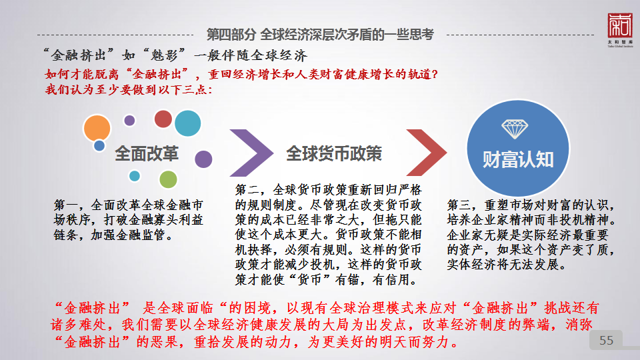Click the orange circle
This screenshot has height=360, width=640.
pyautogui.click(x=97, y=128)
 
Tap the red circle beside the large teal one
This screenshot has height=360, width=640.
pyautogui.click(x=163, y=119)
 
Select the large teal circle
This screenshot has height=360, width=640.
pyautogui.click(x=188, y=123)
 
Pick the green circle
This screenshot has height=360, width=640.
pyautogui.click(x=168, y=179)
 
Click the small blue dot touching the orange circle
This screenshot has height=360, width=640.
pyautogui.click(x=99, y=145)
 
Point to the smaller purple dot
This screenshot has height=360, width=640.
pyautogui.click(x=129, y=121)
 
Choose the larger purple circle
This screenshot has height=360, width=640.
pyautogui.click(x=203, y=159)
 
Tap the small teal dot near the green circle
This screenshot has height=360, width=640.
pyautogui.click(x=135, y=176)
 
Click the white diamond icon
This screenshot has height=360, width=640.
pyautogui.click(x=515, y=129)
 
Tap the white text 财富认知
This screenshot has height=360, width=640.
pyautogui.click(x=518, y=159)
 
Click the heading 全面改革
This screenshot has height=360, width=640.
pyautogui.click(x=147, y=153)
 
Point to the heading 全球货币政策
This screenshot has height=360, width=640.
pyautogui.click(x=334, y=153)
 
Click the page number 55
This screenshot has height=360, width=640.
pyautogui.click(x=606, y=341)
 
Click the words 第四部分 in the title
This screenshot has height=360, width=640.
pyautogui.click(x=231, y=35)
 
